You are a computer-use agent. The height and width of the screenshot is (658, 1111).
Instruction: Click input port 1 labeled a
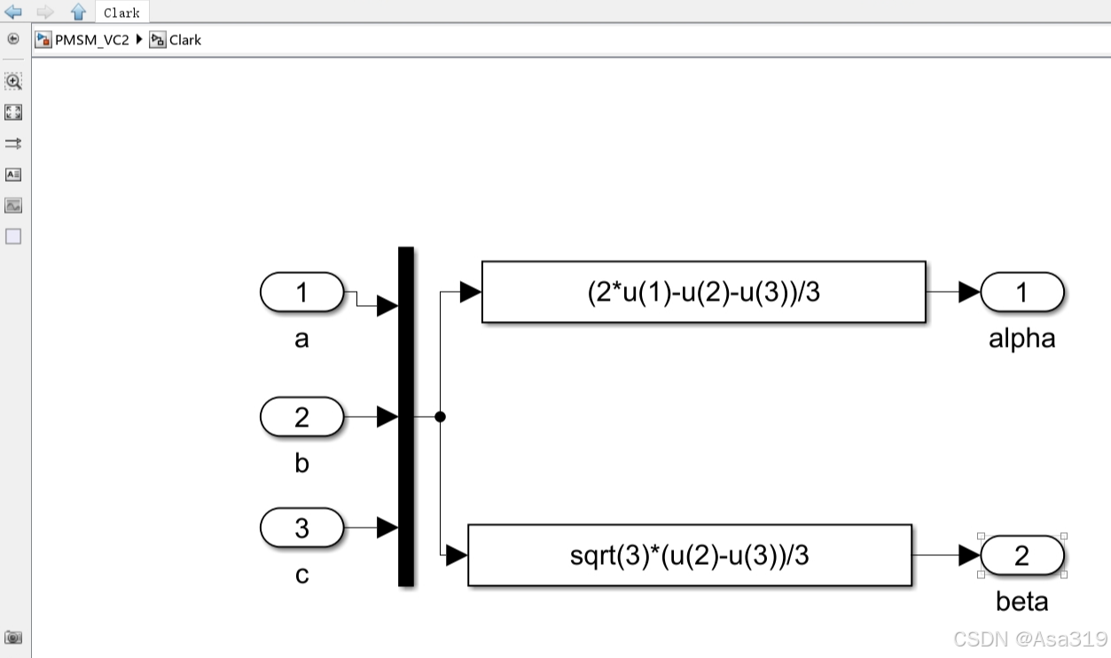[x=301, y=293]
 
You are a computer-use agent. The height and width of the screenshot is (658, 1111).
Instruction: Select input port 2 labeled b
[x=301, y=417]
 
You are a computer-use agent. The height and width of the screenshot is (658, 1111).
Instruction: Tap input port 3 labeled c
[x=301, y=529]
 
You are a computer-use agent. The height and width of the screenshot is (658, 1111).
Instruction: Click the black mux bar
[x=406, y=416]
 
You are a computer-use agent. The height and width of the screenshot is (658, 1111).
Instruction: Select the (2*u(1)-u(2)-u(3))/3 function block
[x=703, y=292]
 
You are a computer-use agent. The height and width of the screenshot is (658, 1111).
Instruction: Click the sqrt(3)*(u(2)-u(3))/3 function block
[x=689, y=555]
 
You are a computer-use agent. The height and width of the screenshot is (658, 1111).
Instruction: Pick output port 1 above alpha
[x=1021, y=293]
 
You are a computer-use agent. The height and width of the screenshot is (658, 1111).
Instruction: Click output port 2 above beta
[x=1021, y=556]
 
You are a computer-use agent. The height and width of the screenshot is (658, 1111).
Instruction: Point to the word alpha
[x=1021, y=339]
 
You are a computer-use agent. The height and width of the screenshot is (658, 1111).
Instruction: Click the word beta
[x=1021, y=602]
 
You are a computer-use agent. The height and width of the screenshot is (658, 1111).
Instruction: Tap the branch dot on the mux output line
[x=440, y=416]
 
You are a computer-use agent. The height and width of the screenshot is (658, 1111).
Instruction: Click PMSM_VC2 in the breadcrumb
[x=91, y=40]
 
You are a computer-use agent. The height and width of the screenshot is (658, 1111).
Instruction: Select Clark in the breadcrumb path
[x=184, y=40]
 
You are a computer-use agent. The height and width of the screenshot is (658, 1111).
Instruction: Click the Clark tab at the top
[x=121, y=12]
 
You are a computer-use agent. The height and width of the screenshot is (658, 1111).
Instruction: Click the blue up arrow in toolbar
[x=78, y=12]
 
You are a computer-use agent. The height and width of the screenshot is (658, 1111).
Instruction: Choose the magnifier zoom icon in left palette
[x=13, y=82]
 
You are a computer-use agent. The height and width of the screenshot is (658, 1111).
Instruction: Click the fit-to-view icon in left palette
[x=13, y=113]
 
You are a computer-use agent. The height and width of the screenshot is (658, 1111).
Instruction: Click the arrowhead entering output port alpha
[x=969, y=293]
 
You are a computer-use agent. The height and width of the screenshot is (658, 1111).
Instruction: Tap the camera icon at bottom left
[x=13, y=638]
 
